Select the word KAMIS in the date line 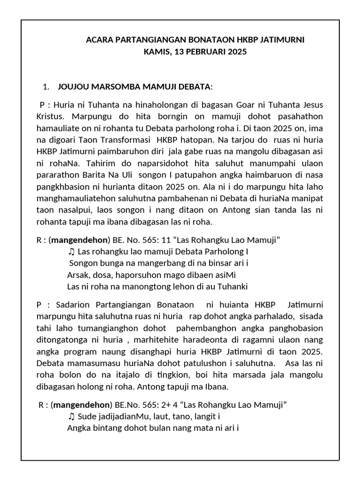click(157, 52)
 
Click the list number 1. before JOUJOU click(45, 87)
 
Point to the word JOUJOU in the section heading click(73, 87)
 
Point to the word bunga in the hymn click(112, 263)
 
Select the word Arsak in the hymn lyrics click(78, 275)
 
